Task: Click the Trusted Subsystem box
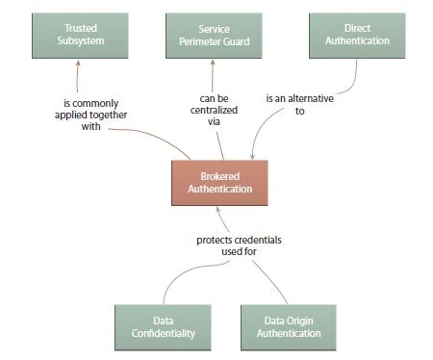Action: (80, 35)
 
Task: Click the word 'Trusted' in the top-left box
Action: (80, 28)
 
